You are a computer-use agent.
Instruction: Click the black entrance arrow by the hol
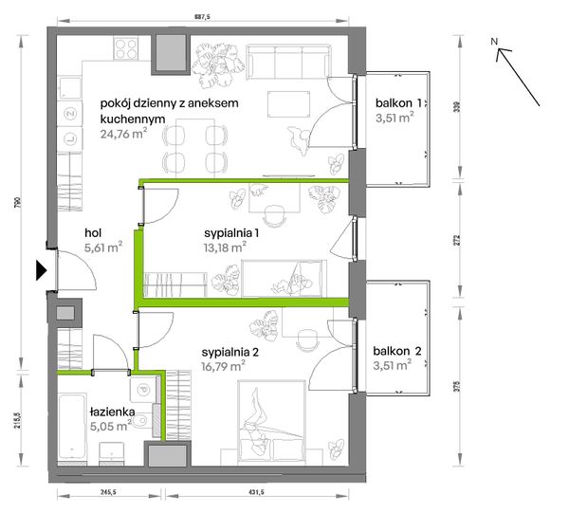42,270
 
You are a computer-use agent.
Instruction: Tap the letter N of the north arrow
494,42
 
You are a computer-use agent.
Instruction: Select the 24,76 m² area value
123,134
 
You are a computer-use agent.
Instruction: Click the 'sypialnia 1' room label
231,232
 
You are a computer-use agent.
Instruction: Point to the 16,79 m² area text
223,366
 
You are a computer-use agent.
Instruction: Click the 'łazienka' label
112,412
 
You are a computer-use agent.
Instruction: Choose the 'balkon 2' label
397,351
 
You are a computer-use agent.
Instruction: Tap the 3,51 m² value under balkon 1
395,118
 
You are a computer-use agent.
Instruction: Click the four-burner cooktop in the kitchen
126,48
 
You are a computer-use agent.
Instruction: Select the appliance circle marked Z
69,114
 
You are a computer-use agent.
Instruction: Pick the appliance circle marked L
69,138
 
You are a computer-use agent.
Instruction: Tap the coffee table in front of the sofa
289,103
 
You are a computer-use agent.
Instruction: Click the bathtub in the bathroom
72,427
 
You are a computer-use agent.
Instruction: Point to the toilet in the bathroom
142,420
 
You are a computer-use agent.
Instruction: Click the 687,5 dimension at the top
203,16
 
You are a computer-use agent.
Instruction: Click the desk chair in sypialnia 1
275,215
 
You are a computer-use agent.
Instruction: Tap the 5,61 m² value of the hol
103,247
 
